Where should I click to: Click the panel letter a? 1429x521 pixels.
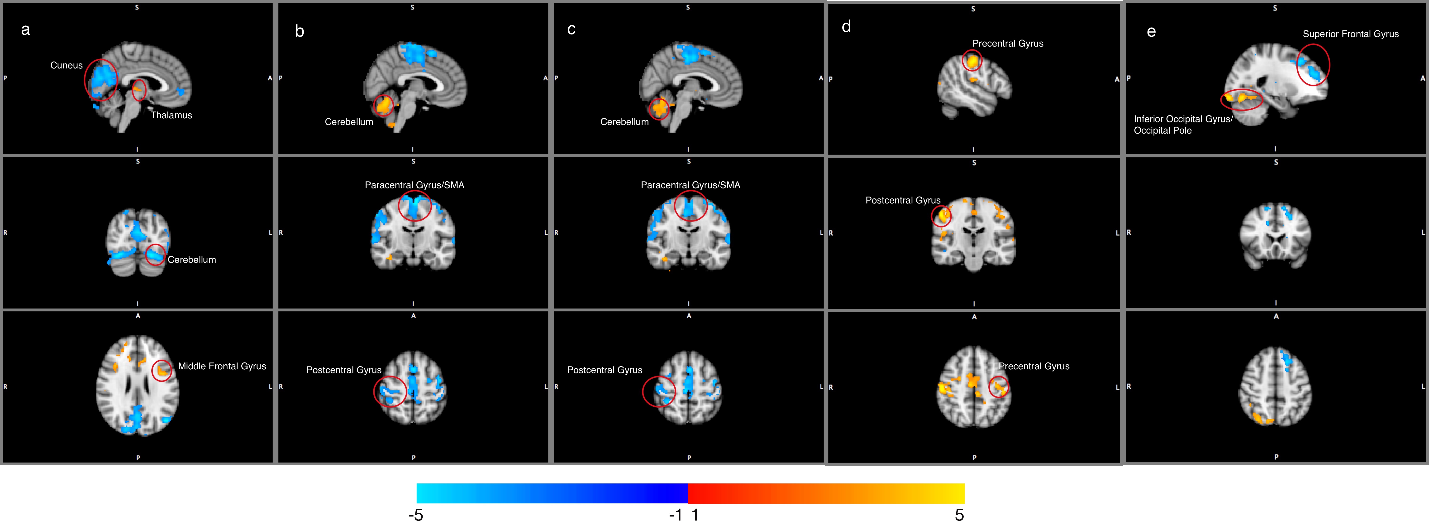pos(25,30)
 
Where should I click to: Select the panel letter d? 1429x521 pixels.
pos(846,27)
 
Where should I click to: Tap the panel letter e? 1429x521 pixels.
pos(1151,32)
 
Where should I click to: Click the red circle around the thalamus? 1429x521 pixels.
pos(139,90)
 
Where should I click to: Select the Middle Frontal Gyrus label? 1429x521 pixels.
pos(222,366)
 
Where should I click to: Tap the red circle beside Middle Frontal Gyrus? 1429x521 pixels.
pos(162,371)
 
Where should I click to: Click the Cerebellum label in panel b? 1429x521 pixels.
pos(349,122)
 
